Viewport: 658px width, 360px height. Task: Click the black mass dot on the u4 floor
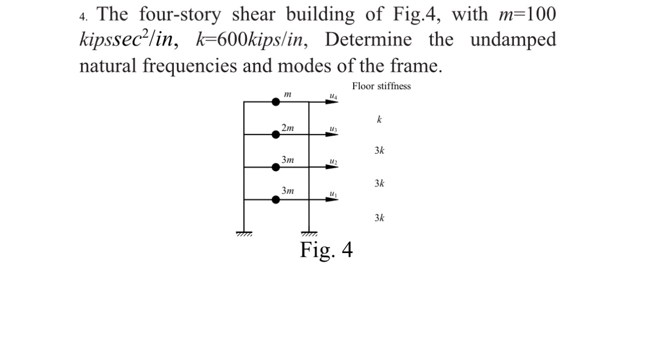(x=276, y=102)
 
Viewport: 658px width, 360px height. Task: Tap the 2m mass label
(x=287, y=128)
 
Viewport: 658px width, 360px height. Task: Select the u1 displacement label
(x=334, y=194)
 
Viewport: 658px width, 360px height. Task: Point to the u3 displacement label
(x=334, y=129)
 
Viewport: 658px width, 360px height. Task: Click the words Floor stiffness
(x=381, y=86)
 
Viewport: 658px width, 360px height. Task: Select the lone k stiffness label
(x=379, y=119)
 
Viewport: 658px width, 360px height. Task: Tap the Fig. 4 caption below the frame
(x=326, y=250)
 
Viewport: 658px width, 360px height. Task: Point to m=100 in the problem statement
(x=527, y=14)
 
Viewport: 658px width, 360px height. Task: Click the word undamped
(x=513, y=39)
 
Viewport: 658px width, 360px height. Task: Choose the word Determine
(x=368, y=39)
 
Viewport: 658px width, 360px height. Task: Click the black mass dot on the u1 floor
(x=276, y=199)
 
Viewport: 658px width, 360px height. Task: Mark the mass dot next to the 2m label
(x=276, y=134)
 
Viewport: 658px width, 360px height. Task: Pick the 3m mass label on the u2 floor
(x=287, y=160)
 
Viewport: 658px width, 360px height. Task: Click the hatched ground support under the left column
(x=244, y=234)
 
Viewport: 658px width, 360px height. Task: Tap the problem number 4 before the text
(x=83, y=16)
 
